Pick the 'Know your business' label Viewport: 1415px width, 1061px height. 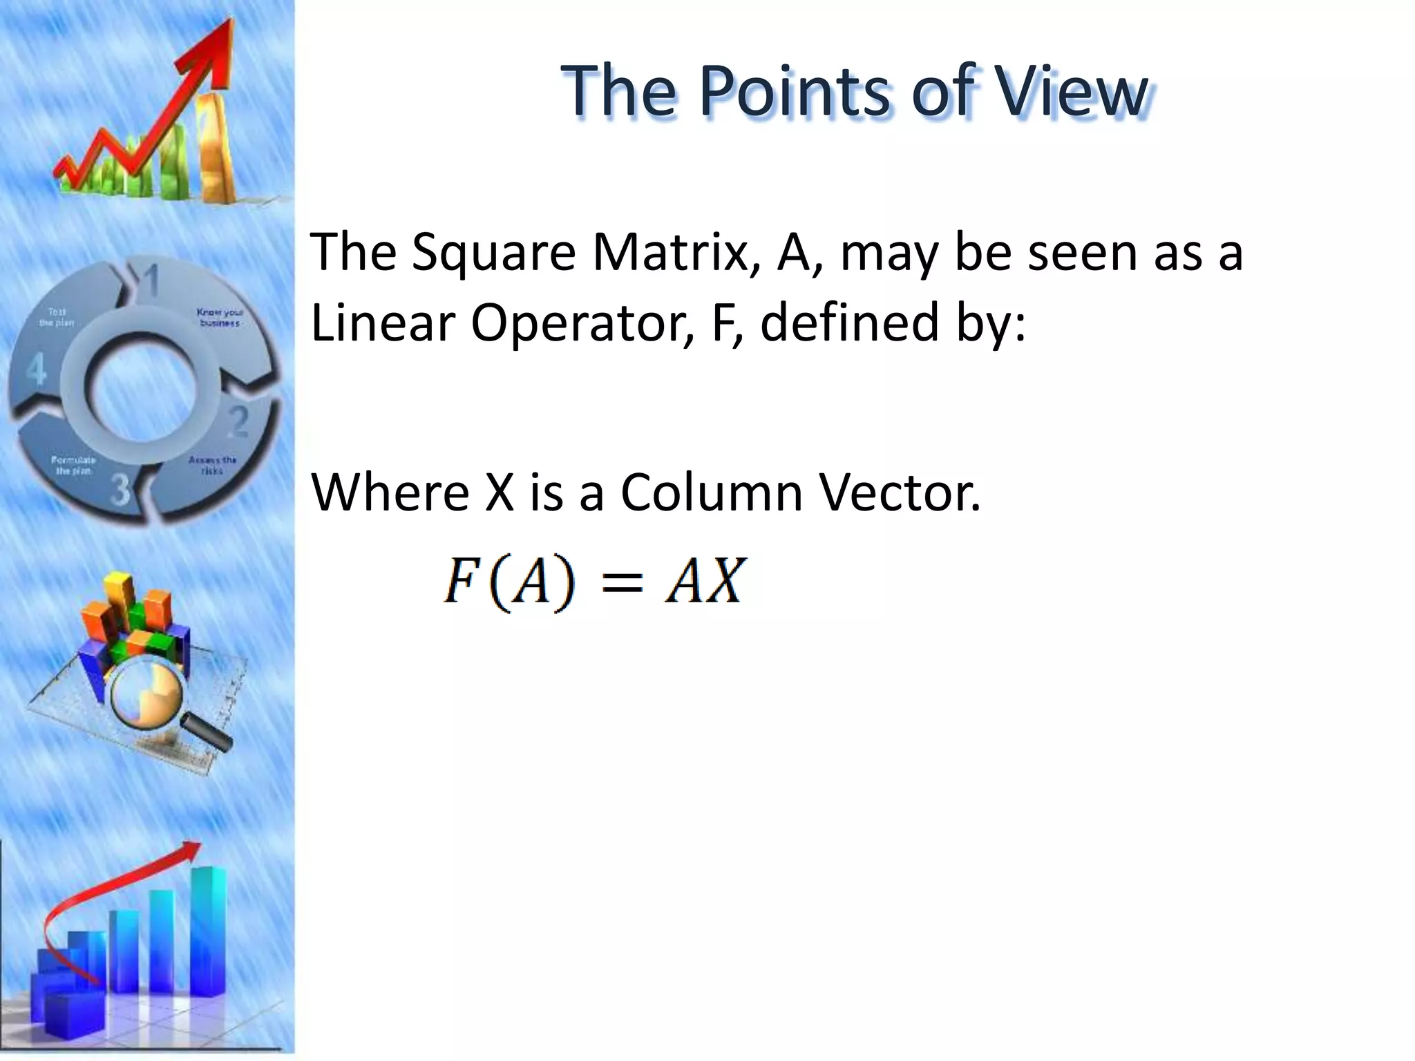[x=220, y=318]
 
